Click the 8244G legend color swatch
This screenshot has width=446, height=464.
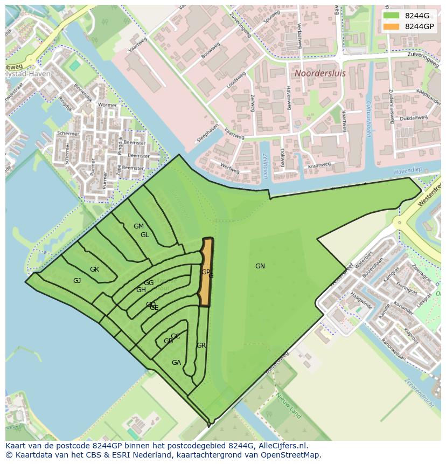[392, 16]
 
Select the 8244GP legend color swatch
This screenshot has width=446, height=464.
[392, 26]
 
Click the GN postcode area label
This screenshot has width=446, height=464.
[260, 266]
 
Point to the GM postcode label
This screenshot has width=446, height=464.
[138, 226]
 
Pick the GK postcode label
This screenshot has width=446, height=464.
[94, 269]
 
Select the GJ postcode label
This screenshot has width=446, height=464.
[77, 281]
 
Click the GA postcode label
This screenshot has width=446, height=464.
[176, 363]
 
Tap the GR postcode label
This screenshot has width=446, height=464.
[201, 345]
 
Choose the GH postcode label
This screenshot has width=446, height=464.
[141, 290]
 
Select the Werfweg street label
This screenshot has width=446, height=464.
[231, 169]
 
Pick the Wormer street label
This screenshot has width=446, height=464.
[107, 105]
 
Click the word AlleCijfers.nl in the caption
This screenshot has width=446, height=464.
[282, 446]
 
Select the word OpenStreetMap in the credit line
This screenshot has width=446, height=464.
[291, 455]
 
